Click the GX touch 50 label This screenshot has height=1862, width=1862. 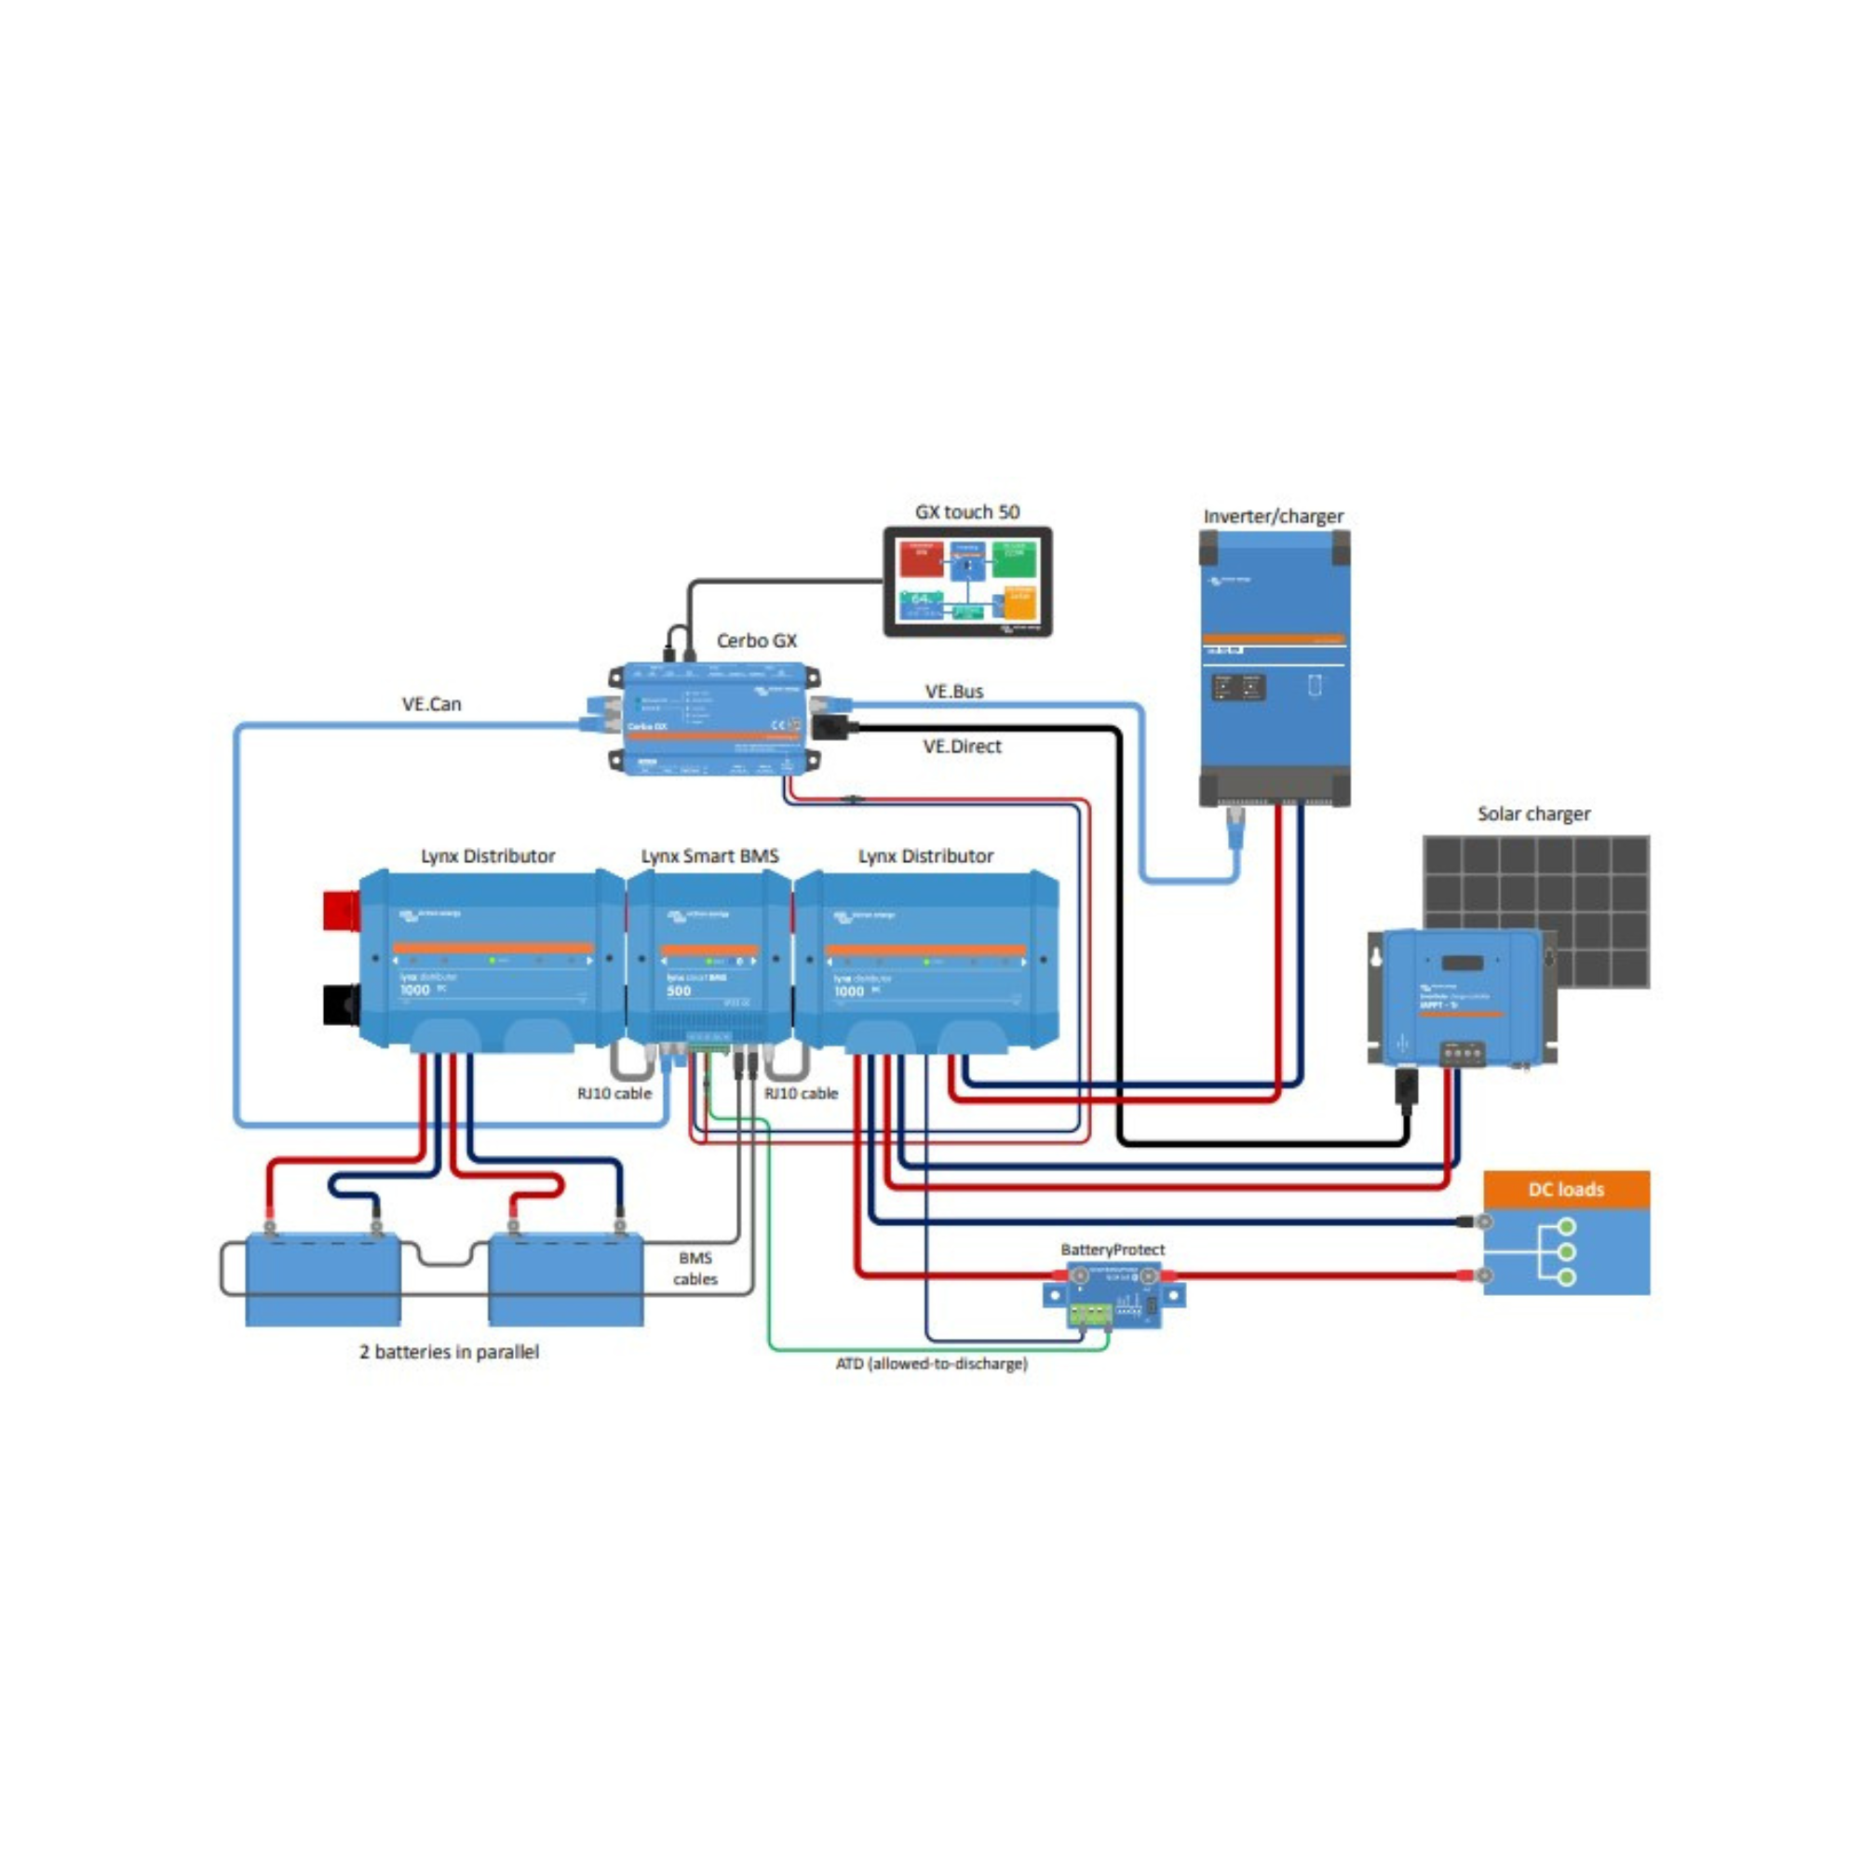coord(966,512)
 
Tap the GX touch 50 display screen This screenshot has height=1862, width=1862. coord(966,581)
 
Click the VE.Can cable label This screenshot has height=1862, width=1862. coord(431,704)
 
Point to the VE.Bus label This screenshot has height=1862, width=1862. coord(953,691)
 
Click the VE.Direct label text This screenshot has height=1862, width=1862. coord(961,746)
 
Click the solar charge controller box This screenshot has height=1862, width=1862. coord(1460,997)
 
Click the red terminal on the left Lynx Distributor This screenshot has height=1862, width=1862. coord(341,911)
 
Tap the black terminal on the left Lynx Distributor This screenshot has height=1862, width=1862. coord(341,1004)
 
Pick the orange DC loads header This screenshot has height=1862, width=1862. coord(1565,1189)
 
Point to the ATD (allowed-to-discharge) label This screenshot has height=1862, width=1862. coord(930,1364)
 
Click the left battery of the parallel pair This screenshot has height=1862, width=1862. coord(323,1281)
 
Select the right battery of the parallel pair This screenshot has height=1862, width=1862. coord(566,1281)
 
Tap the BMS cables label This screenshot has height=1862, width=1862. coord(695,1268)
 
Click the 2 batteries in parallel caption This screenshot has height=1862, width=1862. coord(448,1351)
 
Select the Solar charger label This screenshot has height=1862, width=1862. coord(1532,814)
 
